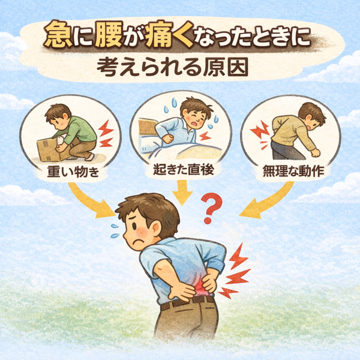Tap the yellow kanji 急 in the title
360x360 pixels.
click(x=58, y=34)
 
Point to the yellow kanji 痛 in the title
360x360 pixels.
click(x=159, y=34)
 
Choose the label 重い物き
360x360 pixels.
click(x=73, y=172)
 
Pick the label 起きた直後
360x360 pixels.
click(x=184, y=170)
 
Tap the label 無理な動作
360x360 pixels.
click(x=293, y=171)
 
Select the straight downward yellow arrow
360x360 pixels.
click(x=182, y=193)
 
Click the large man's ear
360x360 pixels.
click(x=157, y=228)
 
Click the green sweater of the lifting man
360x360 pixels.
click(x=79, y=130)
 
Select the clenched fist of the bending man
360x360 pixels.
click(x=315, y=153)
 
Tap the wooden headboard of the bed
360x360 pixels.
click(x=148, y=127)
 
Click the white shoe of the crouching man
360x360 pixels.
click(x=89, y=157)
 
